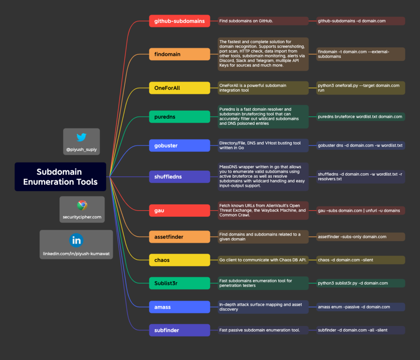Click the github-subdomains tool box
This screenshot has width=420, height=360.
(179, 21)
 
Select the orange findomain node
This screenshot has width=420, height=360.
(179, 54)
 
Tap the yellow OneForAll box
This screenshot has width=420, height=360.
(179, 88)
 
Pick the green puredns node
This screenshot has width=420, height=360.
(179, 117)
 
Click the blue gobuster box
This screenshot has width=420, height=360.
(179, 145)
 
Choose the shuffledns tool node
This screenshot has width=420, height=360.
(179, 177)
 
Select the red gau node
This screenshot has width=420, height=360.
(179, 210)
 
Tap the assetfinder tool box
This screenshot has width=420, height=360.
(179, 236)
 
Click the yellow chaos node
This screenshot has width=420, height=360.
(179, 260)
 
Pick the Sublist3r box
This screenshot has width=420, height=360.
(179, 283)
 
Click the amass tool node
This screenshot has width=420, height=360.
(179, 307)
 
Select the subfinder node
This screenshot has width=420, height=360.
(179, 330)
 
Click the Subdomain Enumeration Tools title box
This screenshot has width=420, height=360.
(60, 177)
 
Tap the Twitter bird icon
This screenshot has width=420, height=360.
(81, 138)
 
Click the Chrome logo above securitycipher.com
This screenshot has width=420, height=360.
(82, 205)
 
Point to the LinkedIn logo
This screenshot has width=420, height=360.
(76, 240)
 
